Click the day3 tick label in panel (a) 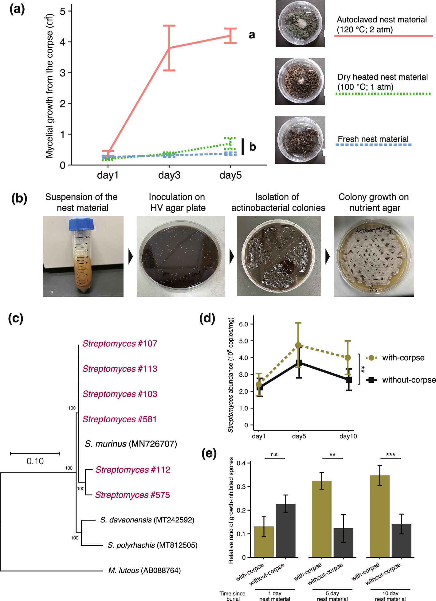(169, 176)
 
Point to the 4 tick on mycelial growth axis (63, 42)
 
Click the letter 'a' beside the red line (252, 35)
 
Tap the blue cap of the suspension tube (81, 224)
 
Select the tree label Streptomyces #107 (120, 343)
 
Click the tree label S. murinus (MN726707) (131, 444)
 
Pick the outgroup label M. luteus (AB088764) (144, 570)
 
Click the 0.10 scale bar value (35, 461)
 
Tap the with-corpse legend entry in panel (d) (403, 358)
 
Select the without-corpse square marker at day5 (299, 363)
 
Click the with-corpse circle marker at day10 (348, 358)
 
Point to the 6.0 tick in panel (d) (243, 324)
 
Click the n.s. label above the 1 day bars (275, 454)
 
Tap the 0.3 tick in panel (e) (241, 487)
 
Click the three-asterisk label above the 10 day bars (390, 455)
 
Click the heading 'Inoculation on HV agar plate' (177, 202)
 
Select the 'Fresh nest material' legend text (373, 139)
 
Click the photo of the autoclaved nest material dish (300, 24)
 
